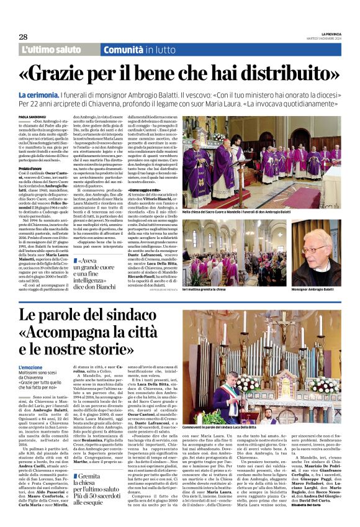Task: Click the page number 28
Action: click(23, 37)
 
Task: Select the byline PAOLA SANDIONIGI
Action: click(33, 116)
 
